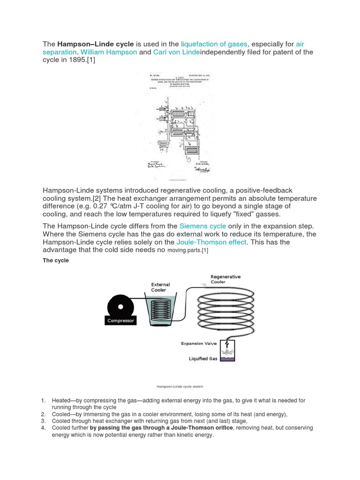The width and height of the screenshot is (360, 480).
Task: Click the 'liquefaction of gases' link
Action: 214,44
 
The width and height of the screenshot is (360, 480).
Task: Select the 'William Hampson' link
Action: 109,52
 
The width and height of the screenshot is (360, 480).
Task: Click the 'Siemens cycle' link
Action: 203,226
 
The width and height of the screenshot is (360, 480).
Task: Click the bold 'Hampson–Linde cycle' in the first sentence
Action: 96,44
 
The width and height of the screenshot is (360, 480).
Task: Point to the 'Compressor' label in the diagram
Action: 120,321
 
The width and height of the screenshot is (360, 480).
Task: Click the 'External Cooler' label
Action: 160,287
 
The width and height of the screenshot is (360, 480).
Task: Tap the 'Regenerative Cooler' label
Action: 225,279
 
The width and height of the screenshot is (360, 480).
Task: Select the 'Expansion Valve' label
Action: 199,344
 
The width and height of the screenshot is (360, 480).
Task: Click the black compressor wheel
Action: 120,307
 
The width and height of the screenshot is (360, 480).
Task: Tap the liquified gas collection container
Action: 228,351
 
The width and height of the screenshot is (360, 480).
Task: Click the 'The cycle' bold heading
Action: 56,261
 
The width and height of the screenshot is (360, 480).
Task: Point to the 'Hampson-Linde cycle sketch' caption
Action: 180,387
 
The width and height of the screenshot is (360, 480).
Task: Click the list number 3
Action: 43,421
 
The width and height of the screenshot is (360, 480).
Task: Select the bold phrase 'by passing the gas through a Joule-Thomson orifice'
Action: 161,428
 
